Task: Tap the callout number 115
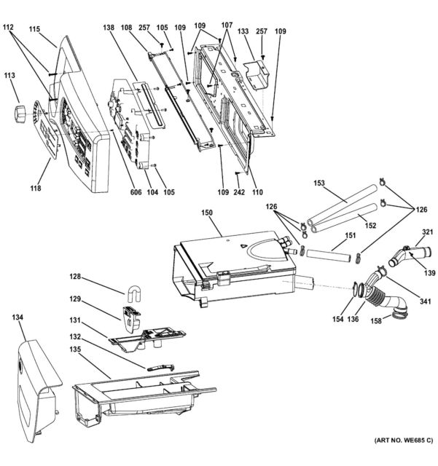[34, 31]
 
